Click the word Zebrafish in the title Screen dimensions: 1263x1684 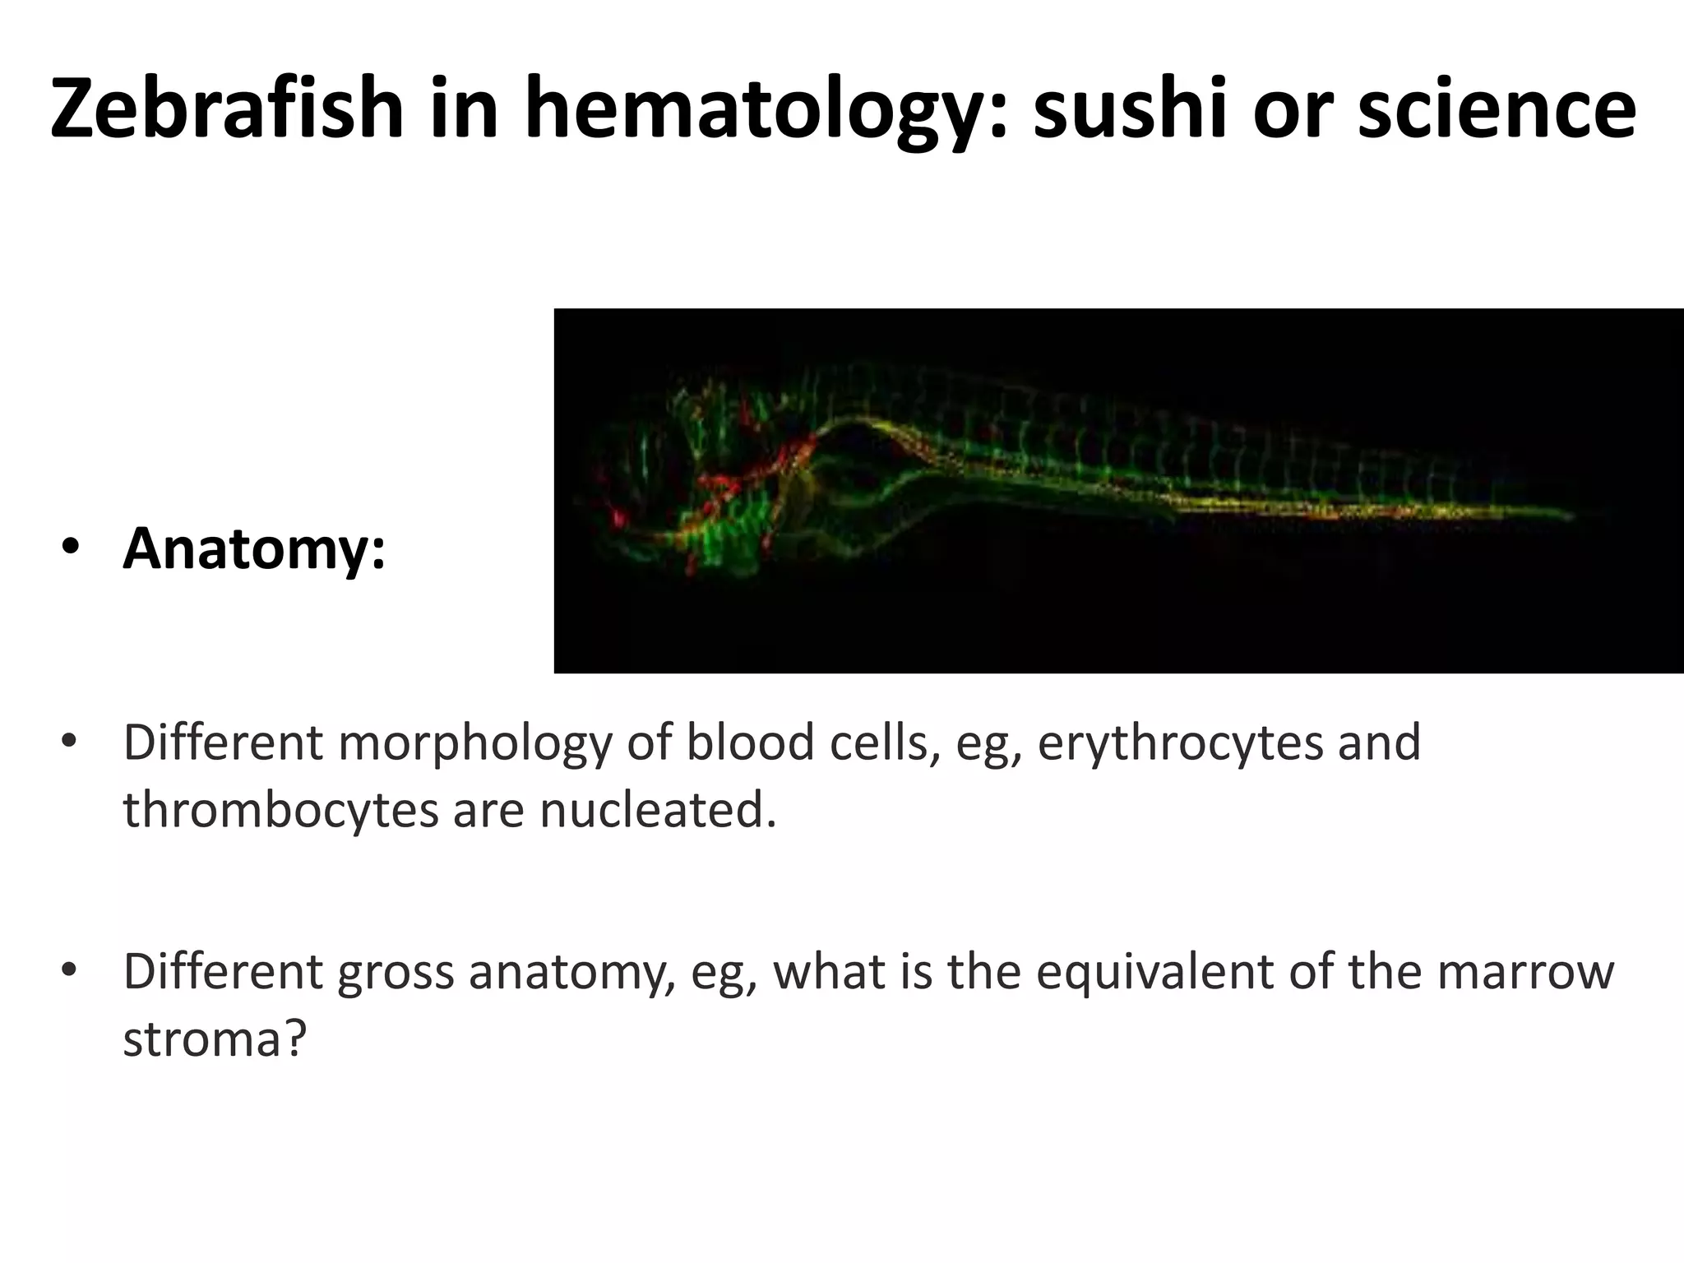(227, 109)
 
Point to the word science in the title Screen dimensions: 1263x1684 (1496, 109)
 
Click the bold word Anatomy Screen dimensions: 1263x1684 (254, 549)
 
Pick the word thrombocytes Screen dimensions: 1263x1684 (280, 811)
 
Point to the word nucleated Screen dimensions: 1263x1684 (657, 811)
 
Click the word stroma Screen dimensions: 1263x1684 (214, 1039)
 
